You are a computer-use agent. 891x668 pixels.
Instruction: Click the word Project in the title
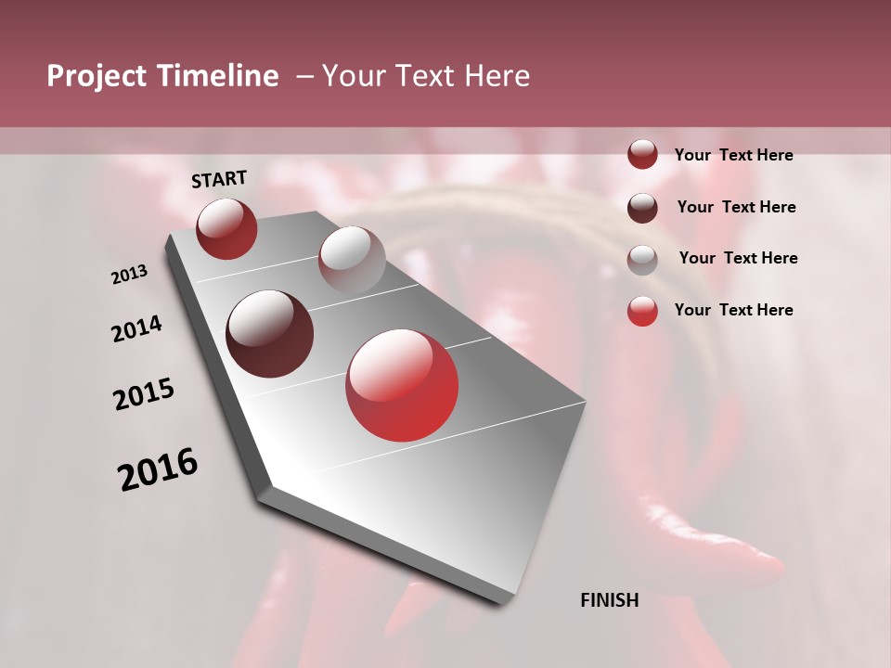93,76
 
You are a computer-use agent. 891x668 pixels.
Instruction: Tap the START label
219,179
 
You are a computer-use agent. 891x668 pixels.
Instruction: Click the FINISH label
609,600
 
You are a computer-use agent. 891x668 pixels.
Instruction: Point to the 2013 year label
129,275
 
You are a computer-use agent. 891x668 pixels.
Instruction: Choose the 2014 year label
136,329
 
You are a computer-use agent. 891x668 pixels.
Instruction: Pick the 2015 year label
144,394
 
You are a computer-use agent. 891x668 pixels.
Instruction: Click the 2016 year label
158,469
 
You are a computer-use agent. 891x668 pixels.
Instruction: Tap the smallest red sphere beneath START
226,228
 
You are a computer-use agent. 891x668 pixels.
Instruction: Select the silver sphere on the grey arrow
352,260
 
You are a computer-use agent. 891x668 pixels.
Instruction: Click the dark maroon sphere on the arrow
270,334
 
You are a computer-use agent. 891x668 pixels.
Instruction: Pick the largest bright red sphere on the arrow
402,385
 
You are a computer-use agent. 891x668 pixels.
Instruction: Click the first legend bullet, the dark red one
642,155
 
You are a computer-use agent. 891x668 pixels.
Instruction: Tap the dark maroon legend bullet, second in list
642,208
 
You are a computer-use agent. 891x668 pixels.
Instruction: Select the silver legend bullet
642,259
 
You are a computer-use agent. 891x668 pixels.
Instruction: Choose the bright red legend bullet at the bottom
642,311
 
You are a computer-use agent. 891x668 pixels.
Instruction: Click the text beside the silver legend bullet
738,258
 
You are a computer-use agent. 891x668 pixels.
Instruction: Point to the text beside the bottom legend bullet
733,310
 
